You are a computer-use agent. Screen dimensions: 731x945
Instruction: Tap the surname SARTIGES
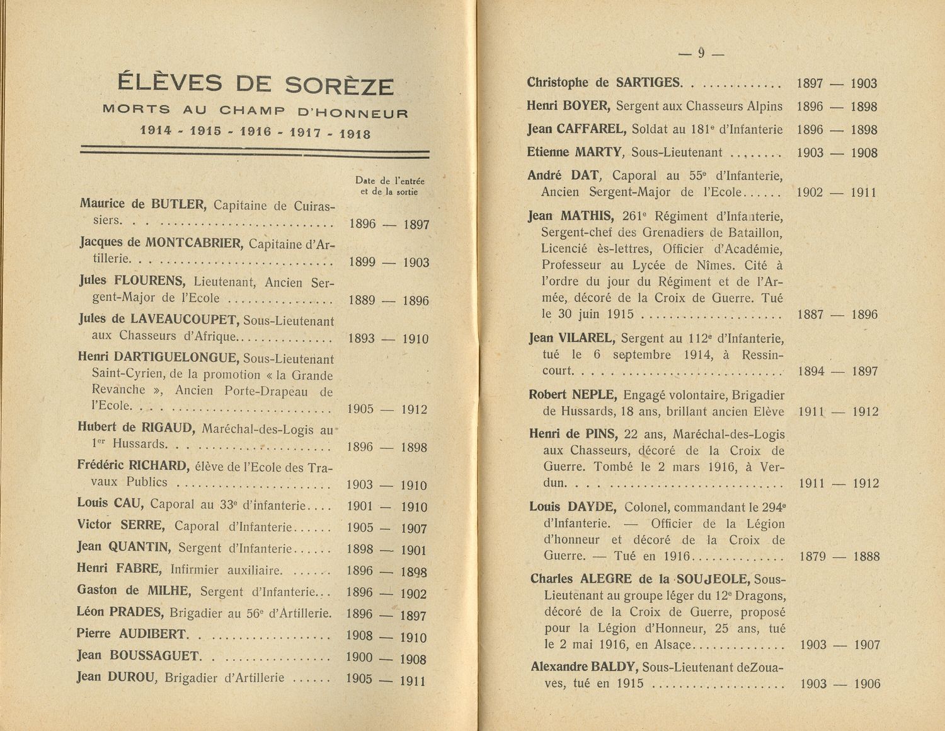pyautogui.click(x=648, y=82)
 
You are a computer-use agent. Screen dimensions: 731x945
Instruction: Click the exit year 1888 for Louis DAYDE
pyautogui.click(x=866, y=556)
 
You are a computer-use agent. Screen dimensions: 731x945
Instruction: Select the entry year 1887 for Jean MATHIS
pyautogui.click(x=811, y=314)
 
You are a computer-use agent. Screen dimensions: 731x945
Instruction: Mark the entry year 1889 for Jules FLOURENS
pyautogui.click(x=362, y=300)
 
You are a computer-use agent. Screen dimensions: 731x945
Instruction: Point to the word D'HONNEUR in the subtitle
pyautogui.click(x=352, y=114)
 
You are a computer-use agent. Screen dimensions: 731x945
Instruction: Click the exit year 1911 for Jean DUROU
pyautogui.click(x=413, y=681)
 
